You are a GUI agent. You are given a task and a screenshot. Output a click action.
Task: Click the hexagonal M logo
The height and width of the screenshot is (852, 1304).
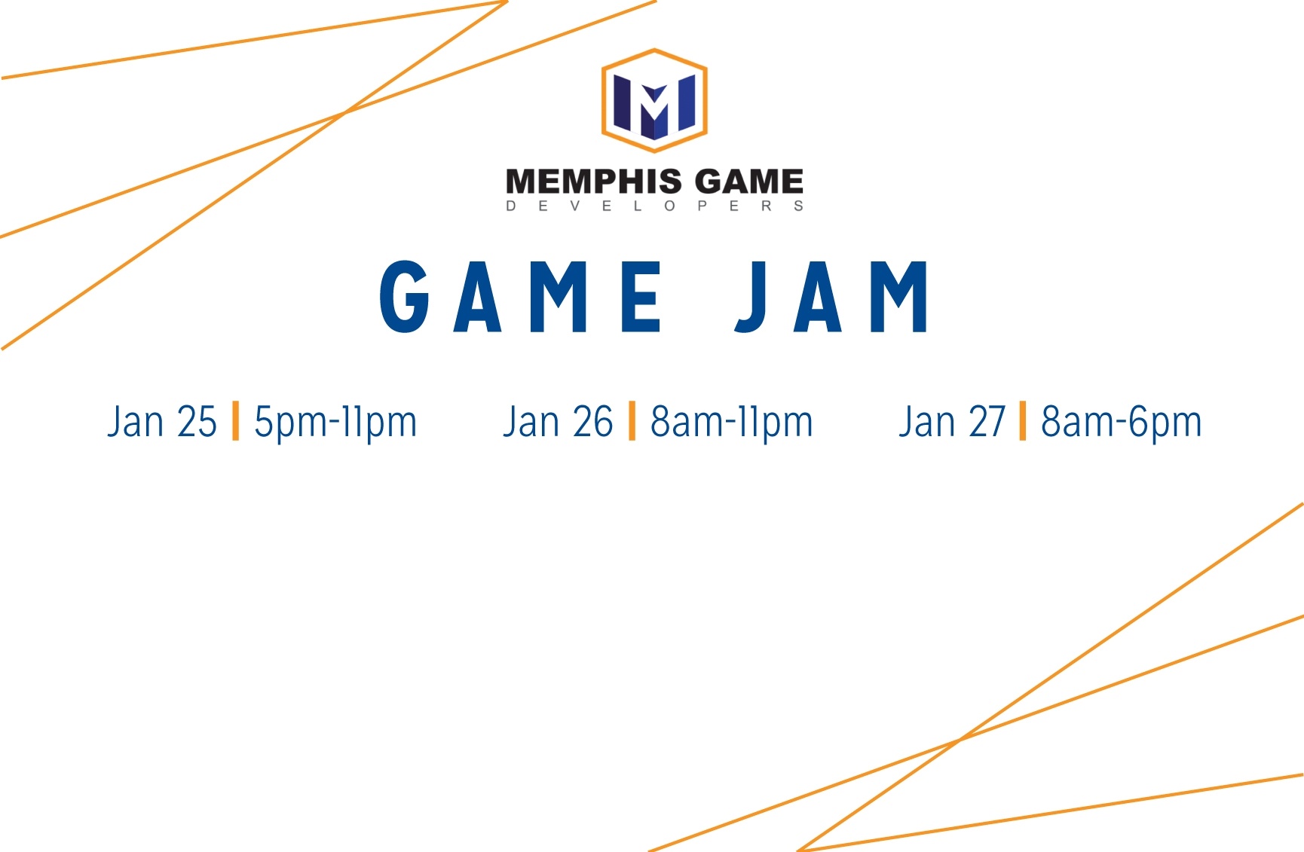coord(654,100)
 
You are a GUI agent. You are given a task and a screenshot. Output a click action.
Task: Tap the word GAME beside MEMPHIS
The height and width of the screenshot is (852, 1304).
coord(749,182)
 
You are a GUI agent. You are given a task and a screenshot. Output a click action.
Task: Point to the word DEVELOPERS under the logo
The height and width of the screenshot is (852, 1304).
coord(654,206)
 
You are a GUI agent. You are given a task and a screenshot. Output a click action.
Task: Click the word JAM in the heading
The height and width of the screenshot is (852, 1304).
coord(832,297)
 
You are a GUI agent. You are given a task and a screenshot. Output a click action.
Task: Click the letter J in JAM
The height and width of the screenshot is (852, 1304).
coord(751,297)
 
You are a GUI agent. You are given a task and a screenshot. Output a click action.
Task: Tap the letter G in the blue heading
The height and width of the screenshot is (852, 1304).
coord(405,297)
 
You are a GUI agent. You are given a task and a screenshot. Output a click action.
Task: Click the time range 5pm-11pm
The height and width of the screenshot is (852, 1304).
coord(335,423)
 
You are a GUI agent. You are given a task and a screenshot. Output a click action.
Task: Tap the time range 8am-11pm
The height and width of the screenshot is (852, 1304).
coord(732,423)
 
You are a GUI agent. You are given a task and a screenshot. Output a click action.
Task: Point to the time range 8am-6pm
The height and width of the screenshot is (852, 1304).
coord(1122,423)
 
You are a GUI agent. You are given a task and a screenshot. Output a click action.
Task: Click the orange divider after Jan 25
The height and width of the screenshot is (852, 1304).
coord(236,420)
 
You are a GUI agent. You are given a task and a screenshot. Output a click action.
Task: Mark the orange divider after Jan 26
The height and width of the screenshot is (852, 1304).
coord(632,420)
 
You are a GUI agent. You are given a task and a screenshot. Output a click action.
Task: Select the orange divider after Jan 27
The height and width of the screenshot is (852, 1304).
coord(1023,420)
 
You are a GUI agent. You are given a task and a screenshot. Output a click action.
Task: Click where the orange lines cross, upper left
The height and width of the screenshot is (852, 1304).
coord(344,113)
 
